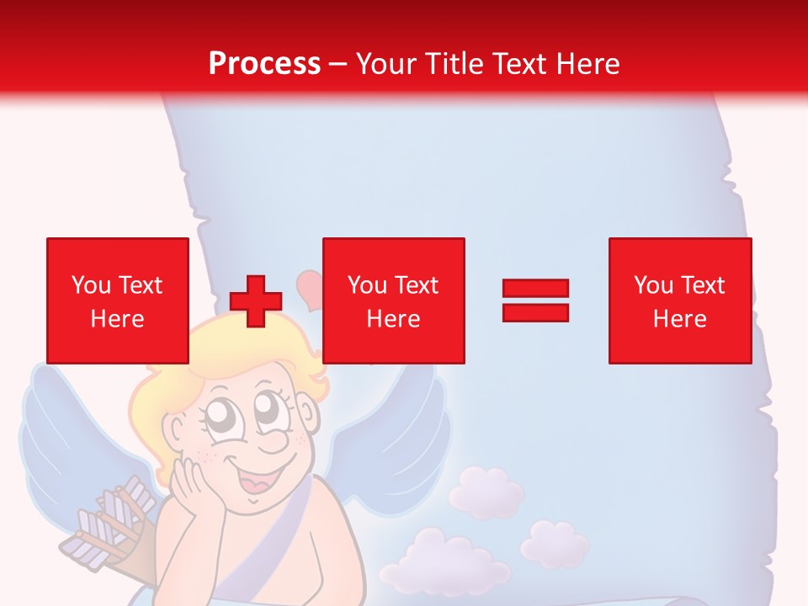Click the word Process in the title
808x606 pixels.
tap(264, 63)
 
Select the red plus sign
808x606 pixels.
tap(256, 300)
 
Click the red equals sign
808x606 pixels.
tap(535, 300)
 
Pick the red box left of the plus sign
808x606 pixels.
tap(118, 300)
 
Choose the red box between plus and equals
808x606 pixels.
tap(393, 300)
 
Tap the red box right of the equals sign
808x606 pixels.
tap(679, 300)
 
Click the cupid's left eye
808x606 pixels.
tap(211, 414)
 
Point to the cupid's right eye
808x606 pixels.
tap(268, 410)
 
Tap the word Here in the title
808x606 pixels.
tap(587, 63)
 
